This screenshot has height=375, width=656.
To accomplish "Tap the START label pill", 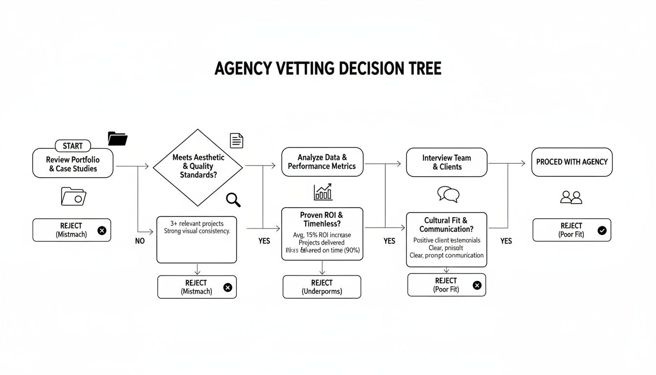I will pos(73,146).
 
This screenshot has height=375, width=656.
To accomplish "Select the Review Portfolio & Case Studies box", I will pos(73,164).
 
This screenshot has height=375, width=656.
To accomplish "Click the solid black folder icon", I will pos(118,139).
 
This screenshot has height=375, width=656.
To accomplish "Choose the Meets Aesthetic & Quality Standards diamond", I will pos(198,167).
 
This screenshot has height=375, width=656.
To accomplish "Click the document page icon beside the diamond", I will pos(236,141).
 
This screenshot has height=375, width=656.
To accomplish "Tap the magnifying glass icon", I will pos(233,199).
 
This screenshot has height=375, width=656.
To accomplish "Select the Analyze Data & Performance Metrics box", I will pos(322,162).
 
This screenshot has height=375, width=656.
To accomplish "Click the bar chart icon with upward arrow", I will pos(323,192).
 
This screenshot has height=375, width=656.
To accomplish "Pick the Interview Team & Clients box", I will pos(447,162).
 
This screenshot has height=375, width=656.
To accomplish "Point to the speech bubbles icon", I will pos(448,194).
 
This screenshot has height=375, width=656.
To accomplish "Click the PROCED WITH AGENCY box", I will pos(572,162).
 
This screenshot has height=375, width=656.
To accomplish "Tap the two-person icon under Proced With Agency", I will pos(572,197).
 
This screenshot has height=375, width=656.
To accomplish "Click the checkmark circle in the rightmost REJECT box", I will pos(602,230).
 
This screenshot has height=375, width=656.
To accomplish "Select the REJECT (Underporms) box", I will pos(322,287).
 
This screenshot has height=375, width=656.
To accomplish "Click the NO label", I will pos(140,241).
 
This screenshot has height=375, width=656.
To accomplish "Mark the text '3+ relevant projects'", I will pos(197,224).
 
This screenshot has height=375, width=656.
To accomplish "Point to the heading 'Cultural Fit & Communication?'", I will pos(446,225).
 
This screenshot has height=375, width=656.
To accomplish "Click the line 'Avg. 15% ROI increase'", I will pos(322,235).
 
